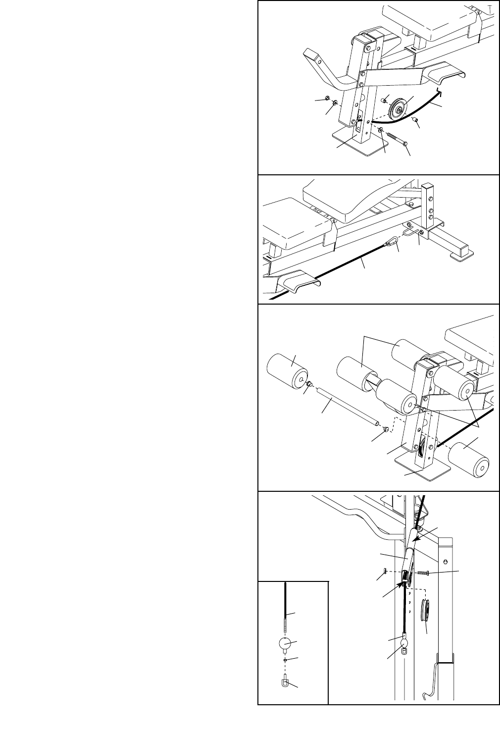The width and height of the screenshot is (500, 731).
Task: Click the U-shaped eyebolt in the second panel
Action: click(x=409, y=230)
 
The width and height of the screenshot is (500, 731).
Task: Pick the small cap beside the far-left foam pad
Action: click(x=307, y=384)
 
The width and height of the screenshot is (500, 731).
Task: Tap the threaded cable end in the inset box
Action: click(x=286, y=622)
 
